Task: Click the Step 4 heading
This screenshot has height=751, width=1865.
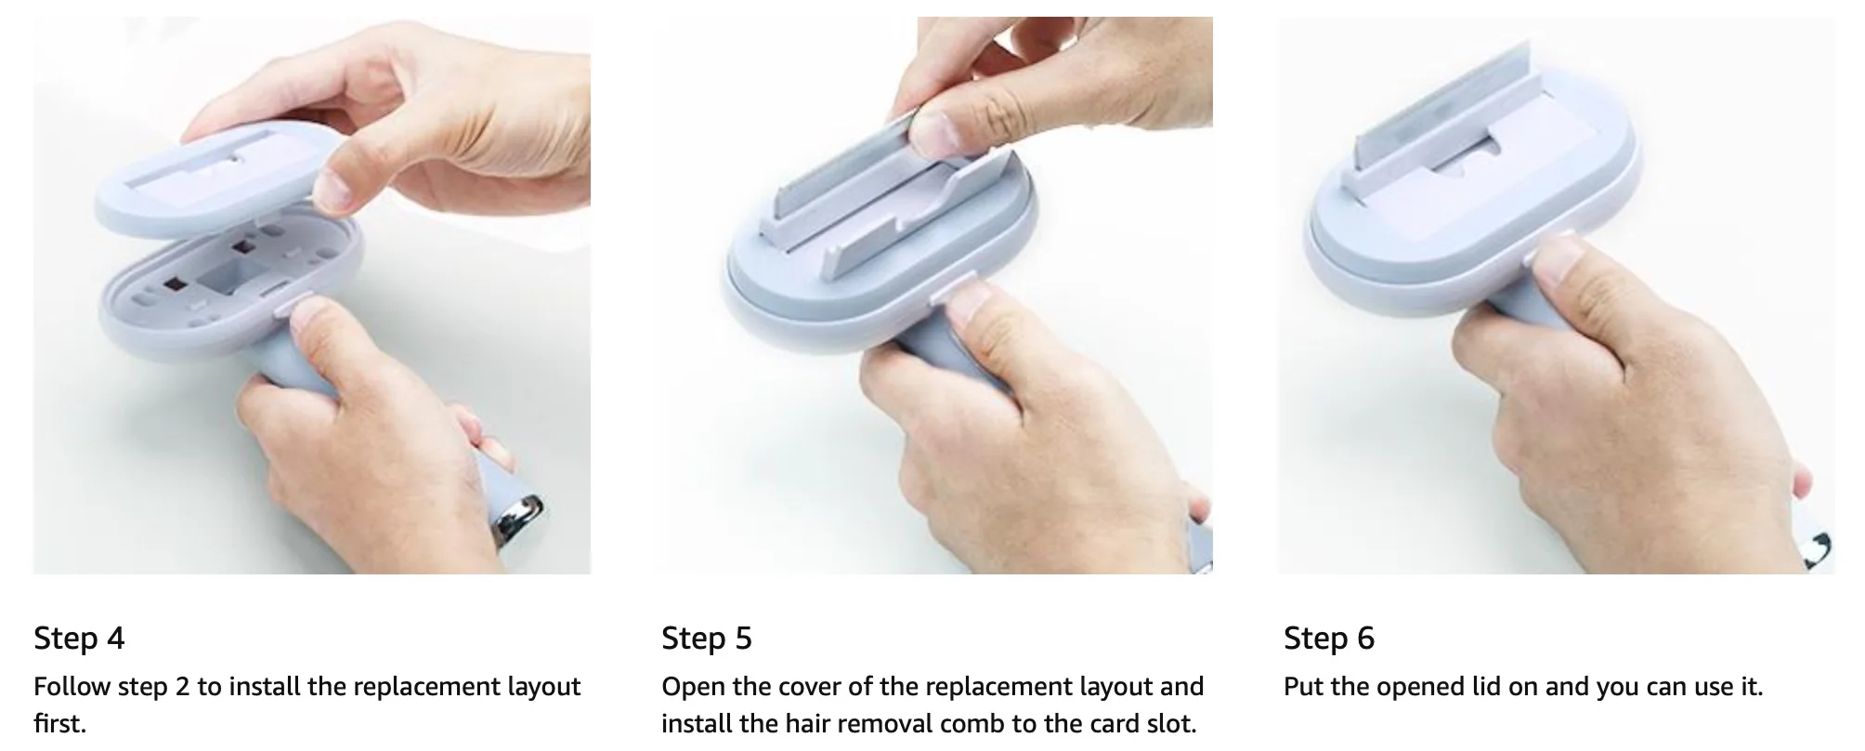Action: [79, 639]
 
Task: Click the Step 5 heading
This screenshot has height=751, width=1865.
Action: [707, 639]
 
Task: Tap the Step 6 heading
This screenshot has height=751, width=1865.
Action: [1329, 639]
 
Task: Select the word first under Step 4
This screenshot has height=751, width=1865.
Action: [59, 723]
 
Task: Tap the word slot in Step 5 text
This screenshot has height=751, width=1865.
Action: [1171, 723]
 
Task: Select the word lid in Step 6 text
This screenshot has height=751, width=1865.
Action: [1476, 687]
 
